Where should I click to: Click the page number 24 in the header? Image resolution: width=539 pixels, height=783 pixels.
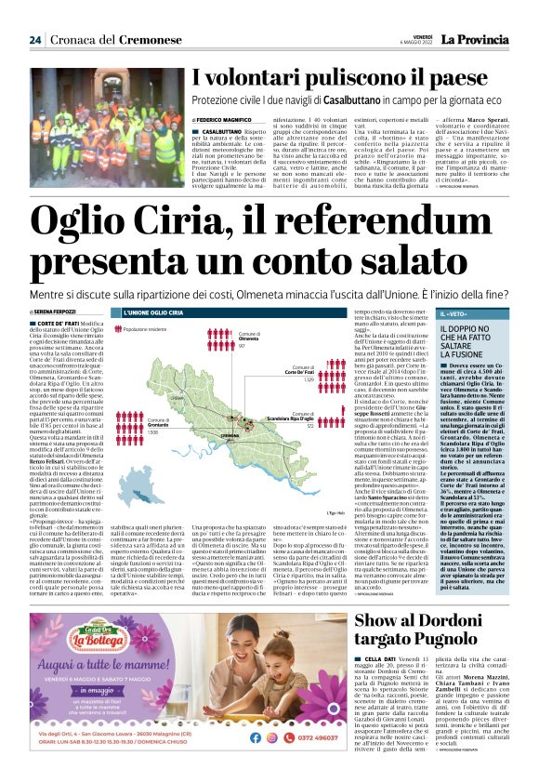[x=34, y=40]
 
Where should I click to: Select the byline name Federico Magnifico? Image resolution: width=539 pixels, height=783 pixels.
[x=229, y=120]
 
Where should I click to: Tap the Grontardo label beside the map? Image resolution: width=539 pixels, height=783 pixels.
[x=160, y=425]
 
